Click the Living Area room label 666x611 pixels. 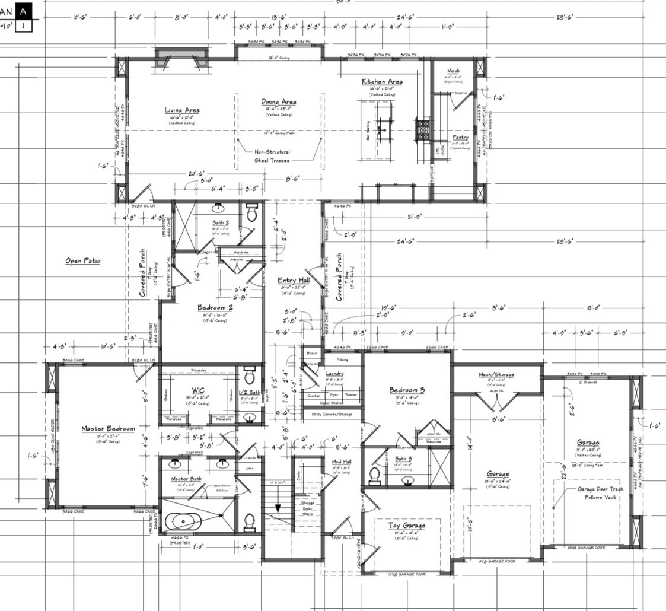(182, 110)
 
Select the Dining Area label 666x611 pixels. (278, 102)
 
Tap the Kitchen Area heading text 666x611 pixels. (383, 81)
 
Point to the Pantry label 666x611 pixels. (460, 137)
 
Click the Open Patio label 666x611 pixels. (83, 260)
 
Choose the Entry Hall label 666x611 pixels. (294, 281)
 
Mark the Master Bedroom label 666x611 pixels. (108, 428)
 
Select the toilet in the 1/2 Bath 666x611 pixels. (249, 377)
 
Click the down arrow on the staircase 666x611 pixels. (278, 505)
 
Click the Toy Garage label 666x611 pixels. (406, 526)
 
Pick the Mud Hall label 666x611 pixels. (342, 462)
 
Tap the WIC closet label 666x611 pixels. (198, 390)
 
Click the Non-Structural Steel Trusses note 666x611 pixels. (272, 156)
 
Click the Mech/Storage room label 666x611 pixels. (496, 374)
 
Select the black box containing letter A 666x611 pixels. (24, 11)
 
